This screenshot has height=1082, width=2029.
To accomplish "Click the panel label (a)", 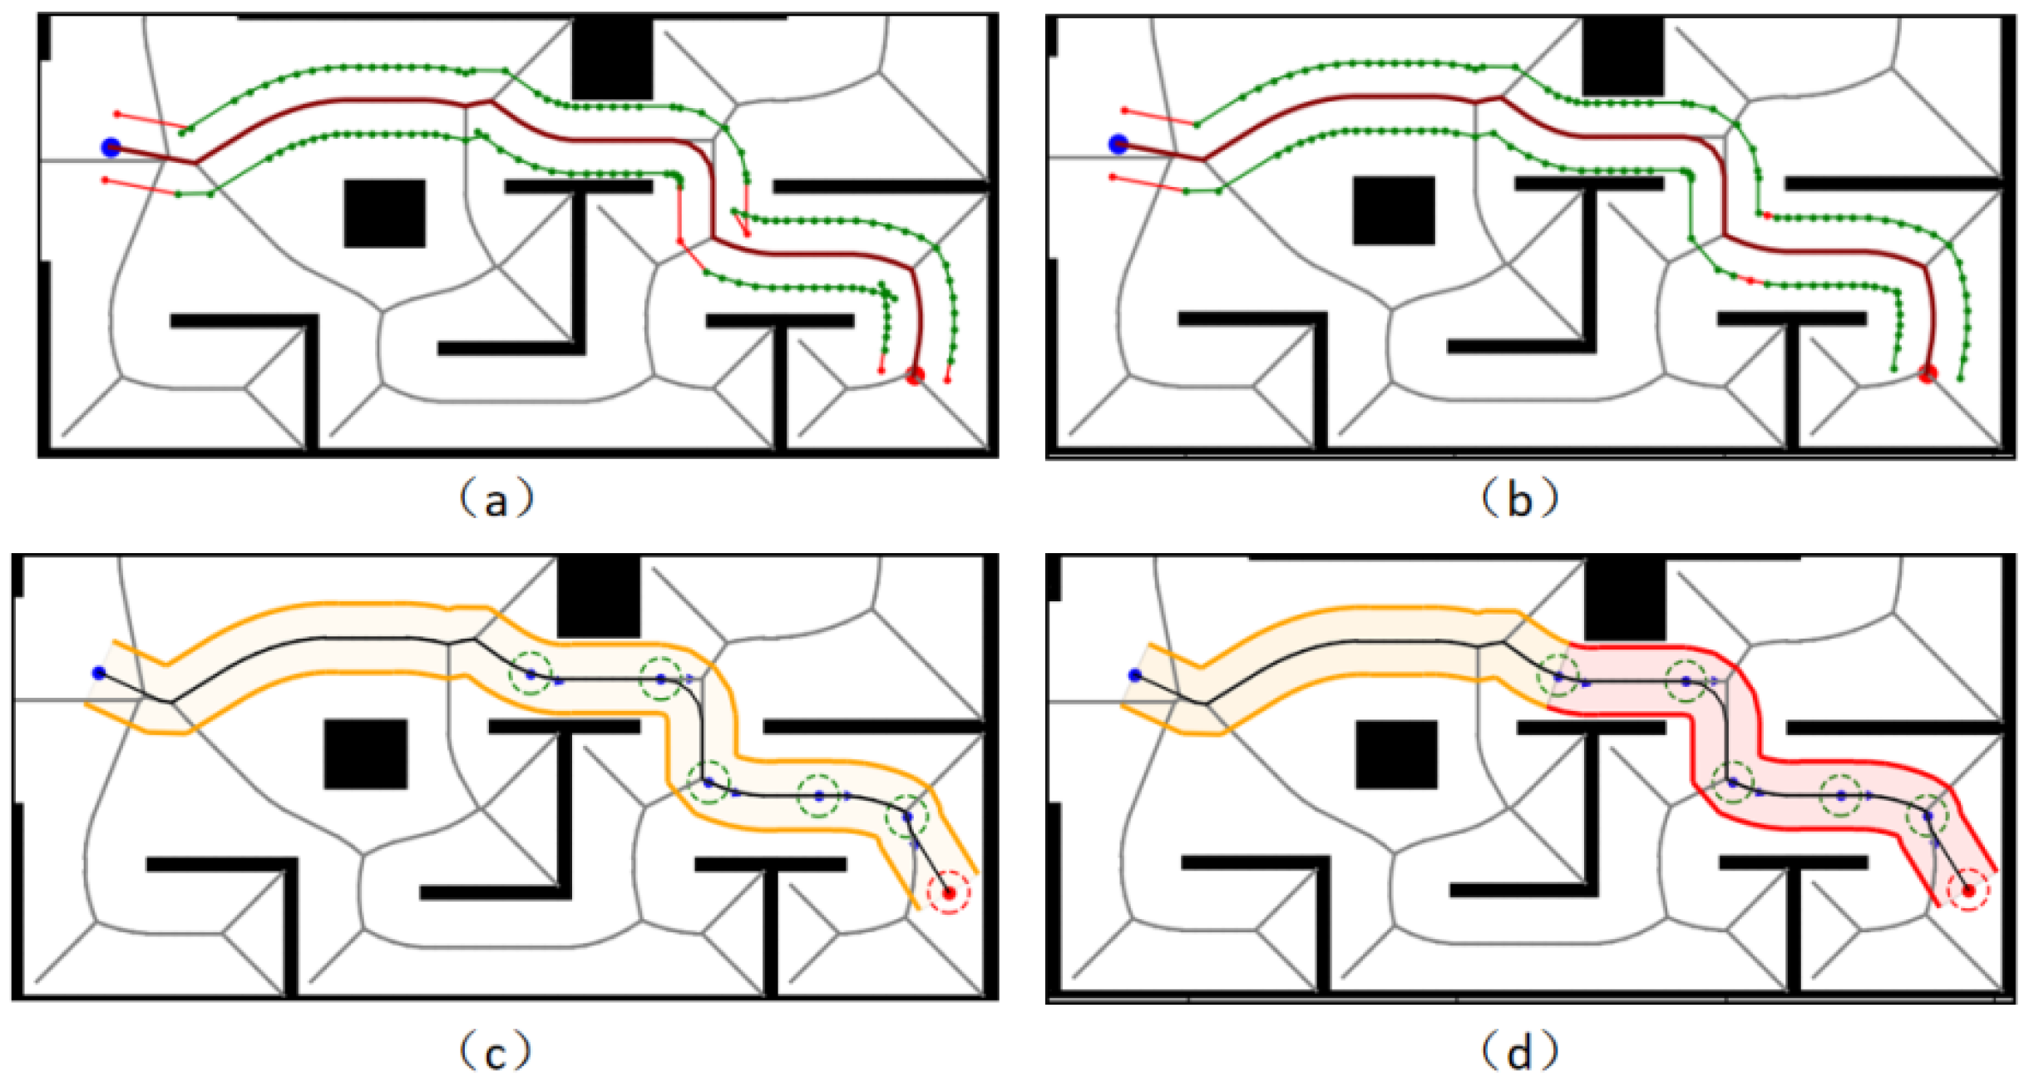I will [x=496, y=500].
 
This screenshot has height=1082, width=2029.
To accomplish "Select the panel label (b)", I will [x=1519, y=500].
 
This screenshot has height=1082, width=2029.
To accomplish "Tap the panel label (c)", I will [x=495, y=1053].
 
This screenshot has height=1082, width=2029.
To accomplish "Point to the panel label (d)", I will [x=1519, y=1053].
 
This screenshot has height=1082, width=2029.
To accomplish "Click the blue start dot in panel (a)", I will [x=111, y=148].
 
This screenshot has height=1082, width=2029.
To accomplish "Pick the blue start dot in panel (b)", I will [x=1118, y=145].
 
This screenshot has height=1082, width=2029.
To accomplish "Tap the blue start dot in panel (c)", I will [x=100, y=673].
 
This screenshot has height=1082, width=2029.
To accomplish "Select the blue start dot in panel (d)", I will [x=1135, y=675].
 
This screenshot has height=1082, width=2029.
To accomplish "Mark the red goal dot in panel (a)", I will [x=916, y=376].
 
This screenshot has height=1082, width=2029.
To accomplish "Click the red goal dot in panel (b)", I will [x=1928, y=373].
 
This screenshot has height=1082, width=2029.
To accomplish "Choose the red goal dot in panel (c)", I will [x=949, y=893].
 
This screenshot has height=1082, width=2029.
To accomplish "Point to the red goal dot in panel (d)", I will [x=1968, y=892].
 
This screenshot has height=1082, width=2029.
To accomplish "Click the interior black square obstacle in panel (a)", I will [x=384, y=214].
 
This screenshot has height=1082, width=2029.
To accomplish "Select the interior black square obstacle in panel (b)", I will [x=1394, y=210].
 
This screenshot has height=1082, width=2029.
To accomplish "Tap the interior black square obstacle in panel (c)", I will [x=365, y=754].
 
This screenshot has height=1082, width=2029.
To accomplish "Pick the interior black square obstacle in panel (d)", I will [x=1396, y=754].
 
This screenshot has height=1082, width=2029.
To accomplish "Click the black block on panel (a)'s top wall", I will [x=612, y=58].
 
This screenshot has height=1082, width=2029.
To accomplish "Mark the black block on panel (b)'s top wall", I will [x=1622, y=57].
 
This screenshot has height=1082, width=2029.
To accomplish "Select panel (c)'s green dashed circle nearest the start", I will [x=531, y=674].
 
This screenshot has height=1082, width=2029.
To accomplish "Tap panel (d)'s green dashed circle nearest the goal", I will [x=1928, y=817].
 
